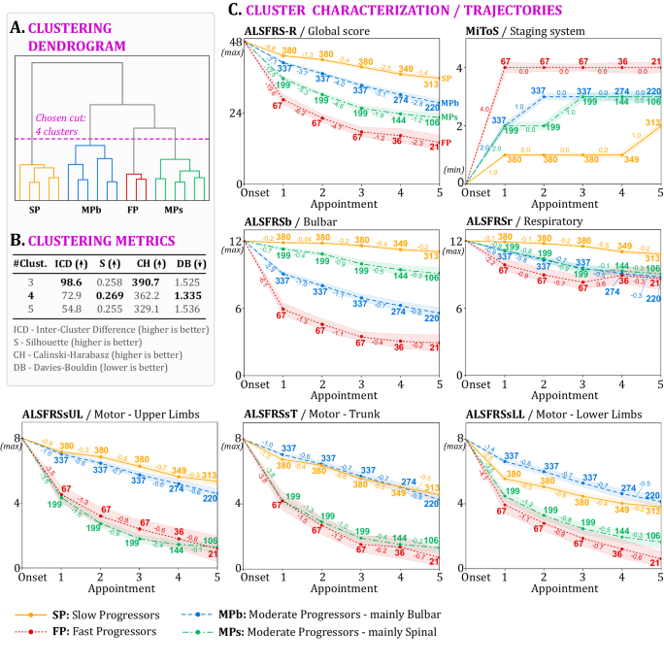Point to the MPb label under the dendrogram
coord(91,209)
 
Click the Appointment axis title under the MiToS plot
coord(564,205)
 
